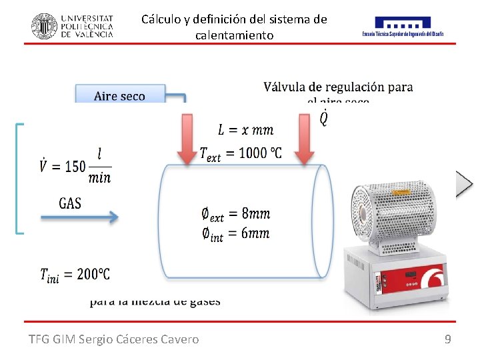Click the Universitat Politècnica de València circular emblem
[44, 25]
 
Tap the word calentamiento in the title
[234, 35]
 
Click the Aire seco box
[120, 96]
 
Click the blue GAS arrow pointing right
[80, 217]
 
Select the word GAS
[70, 203]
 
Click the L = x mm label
[245, 129]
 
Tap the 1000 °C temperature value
[256, 153]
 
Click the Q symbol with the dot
[323, 118]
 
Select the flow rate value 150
[75, 166]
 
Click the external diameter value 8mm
[255, 213]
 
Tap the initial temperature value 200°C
[93, 273]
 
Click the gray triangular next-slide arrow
[463, 183]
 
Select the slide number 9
[447, 339]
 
